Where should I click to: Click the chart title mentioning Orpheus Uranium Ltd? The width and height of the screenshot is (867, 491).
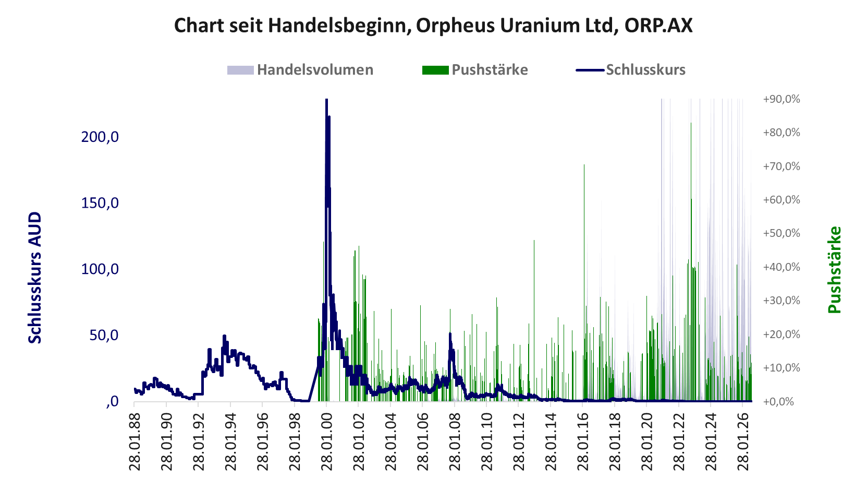pos(433,26)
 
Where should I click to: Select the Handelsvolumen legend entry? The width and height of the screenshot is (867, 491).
pos(300,70)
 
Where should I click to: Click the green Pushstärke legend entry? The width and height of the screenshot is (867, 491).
pos(475,70)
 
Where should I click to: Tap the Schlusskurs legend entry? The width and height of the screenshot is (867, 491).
pos(631,70)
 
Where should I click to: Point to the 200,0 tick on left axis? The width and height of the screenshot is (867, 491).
pos(100,137)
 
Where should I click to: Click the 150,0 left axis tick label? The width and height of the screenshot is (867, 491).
pos(100,202)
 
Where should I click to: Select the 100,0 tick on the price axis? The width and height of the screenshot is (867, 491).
pos(100,269)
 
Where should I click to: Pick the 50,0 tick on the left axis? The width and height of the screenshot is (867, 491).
pos(104,335)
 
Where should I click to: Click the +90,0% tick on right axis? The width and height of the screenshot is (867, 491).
pos(781,99)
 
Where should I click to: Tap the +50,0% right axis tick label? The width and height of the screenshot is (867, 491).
pos(781,233)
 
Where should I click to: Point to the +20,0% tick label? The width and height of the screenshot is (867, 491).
pos(781,334)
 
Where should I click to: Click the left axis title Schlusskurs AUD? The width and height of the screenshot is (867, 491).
pos(35,278)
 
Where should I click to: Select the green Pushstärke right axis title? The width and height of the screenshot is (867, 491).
pos(835,270)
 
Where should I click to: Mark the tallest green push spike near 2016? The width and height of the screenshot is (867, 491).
pos(584,283)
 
